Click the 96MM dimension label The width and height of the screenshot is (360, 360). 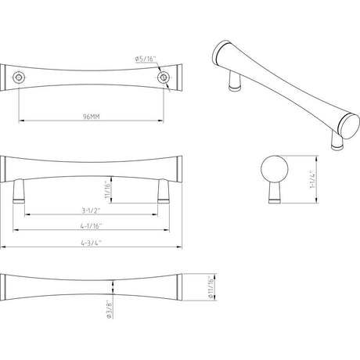click(90, 115)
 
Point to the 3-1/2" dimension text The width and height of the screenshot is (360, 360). click(90, 210)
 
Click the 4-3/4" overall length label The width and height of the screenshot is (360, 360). click(90, 243)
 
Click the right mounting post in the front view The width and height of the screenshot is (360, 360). click(162, 192)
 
